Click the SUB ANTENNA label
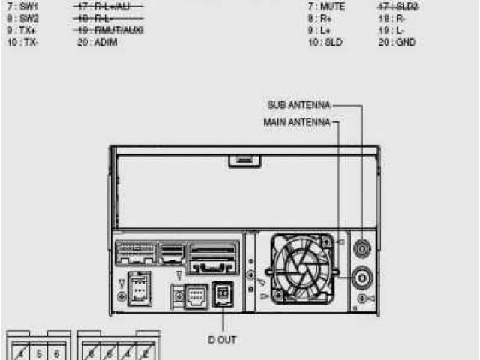298,105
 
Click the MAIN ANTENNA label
297,121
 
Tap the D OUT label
222,340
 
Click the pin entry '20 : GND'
397,43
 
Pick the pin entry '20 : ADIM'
97,43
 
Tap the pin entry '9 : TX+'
22,31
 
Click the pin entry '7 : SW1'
22,5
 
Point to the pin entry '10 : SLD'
325,43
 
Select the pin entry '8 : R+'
319,18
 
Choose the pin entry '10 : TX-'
23,43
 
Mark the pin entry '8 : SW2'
22,18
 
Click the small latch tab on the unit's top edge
241,159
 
